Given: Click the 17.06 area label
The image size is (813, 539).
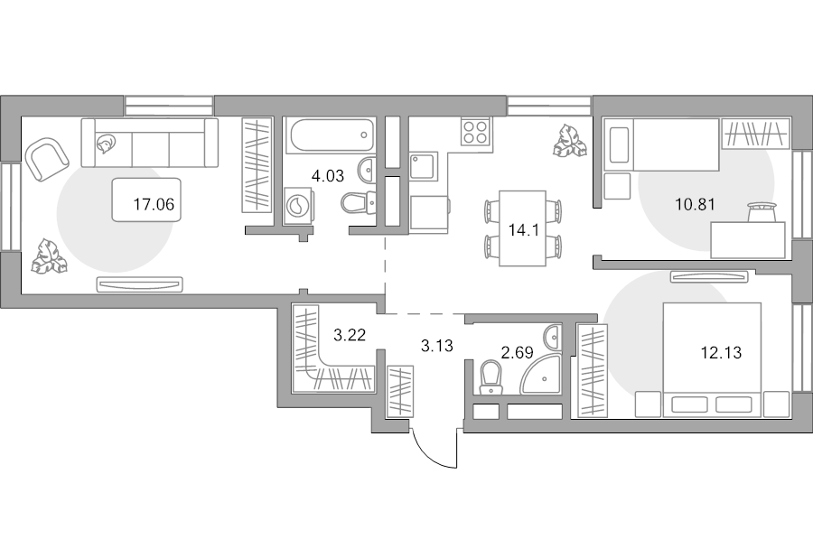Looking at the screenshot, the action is (154, 204).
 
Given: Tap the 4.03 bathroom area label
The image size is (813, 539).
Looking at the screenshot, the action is (328, 176).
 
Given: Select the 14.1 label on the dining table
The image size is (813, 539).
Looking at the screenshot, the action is (524, 230).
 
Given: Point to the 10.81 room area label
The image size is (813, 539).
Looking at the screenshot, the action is (696, 204).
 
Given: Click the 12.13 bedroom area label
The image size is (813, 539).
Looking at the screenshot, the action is (721, 353).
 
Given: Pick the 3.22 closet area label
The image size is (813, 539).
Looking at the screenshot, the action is (350, 335).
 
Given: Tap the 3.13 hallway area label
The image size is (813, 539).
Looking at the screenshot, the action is (437, 346).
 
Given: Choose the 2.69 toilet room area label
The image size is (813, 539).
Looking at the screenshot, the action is (517, 353).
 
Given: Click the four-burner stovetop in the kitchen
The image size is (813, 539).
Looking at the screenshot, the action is (476, 131).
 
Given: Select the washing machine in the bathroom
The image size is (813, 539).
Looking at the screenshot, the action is (299, 206).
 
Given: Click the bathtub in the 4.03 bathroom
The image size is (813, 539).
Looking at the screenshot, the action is (332, 135).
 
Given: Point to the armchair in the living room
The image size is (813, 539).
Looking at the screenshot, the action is (46, 159).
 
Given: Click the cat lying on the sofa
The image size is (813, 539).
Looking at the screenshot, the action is (106, 144).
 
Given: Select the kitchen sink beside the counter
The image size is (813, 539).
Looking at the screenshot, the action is (424, 166).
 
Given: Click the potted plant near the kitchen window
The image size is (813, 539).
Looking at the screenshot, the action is (570, 140).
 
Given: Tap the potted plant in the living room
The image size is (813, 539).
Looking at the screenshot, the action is (50, 256).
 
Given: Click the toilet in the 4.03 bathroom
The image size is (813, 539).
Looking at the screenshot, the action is (359, 201).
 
